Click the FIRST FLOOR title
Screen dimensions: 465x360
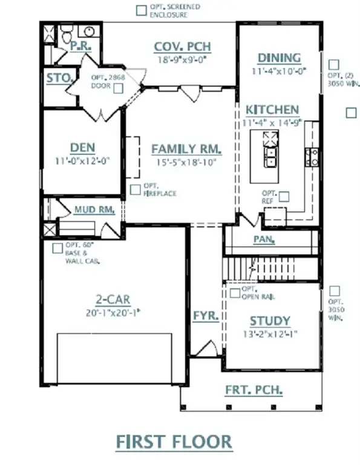tap(174, 441)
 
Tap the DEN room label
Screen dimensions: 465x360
tap(82, 148)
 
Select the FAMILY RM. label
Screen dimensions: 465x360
tap(186, 149)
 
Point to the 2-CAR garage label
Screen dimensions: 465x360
tap(113, 300)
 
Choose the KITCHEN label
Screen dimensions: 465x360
tap(272, 110)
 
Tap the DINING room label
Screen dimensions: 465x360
tap(279, 58)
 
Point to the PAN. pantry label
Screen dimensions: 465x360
tap(264, 240)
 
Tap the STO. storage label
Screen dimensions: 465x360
tap(60, 78)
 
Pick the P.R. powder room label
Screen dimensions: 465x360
tap(79, 46)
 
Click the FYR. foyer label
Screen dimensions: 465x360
tap(201, 316)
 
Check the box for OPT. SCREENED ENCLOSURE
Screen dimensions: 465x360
tap(141, 10)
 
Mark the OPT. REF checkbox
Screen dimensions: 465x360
tap(284, 196)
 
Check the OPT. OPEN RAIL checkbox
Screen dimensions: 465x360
tap(235, 292)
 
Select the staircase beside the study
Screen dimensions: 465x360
tap(270, 268)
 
